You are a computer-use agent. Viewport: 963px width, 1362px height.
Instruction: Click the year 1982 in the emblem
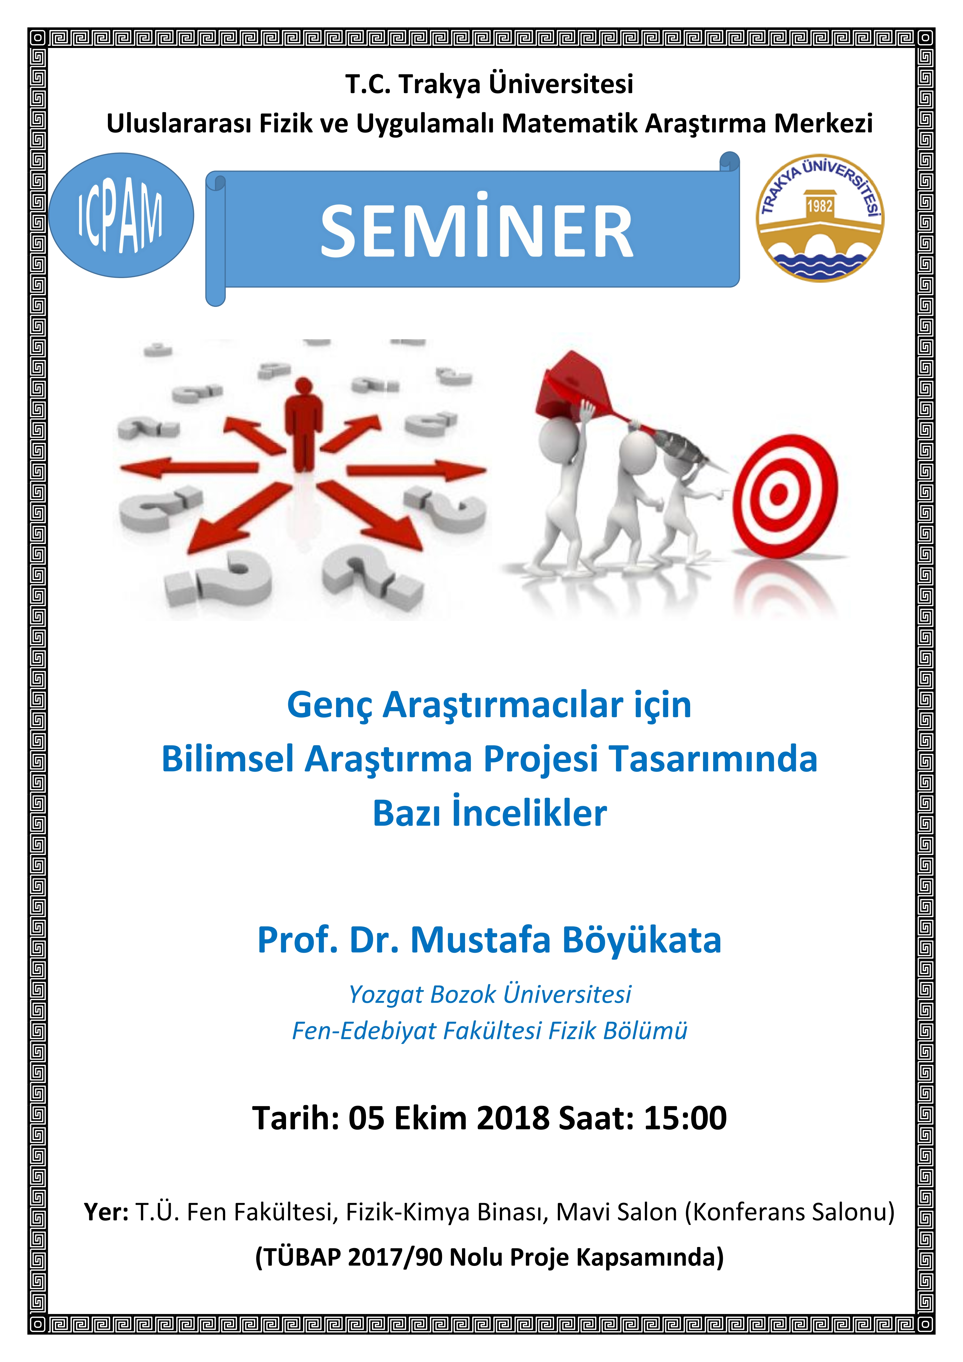pyautogui.click(x=819, y=206)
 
